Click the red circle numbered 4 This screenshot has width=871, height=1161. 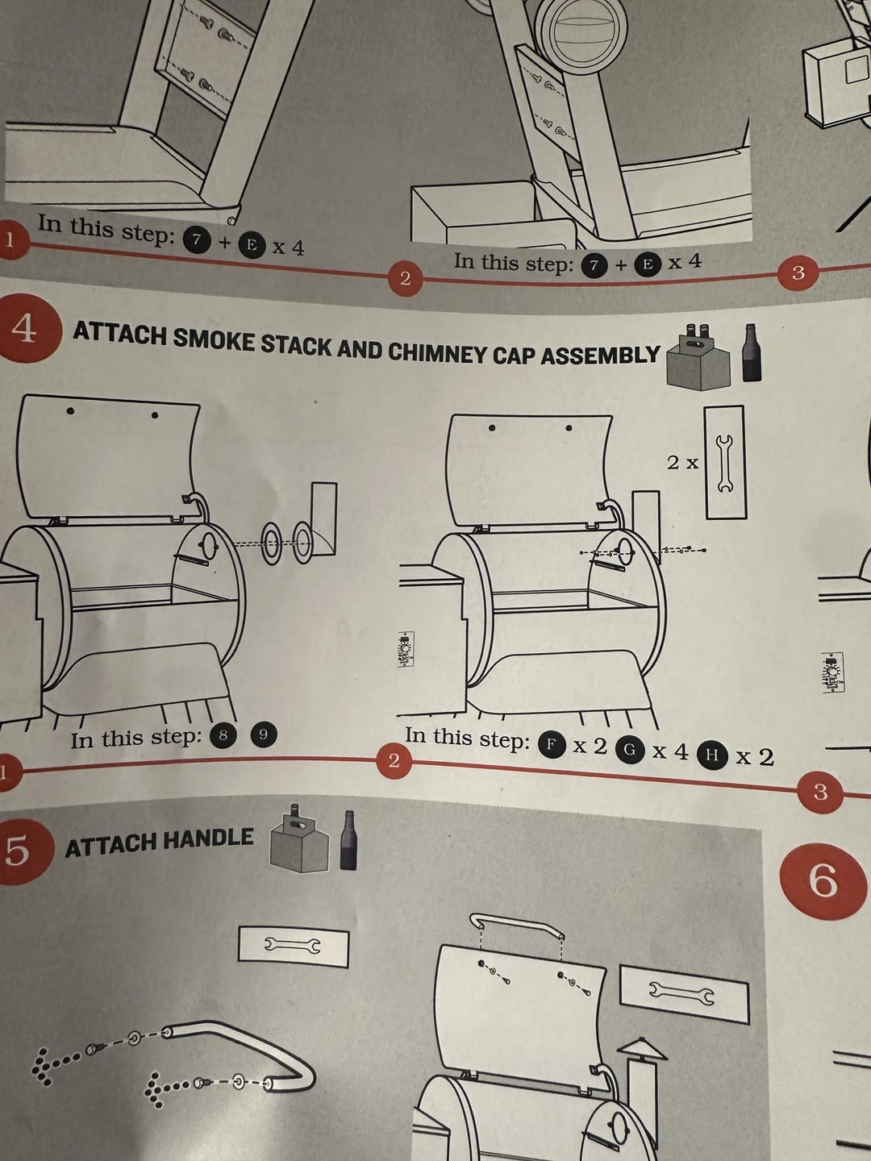tap(26, 328)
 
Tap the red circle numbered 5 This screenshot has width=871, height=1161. tap(18, 851)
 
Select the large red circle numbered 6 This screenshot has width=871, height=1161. tap(823, 880)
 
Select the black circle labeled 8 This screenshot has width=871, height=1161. tap(223, 734)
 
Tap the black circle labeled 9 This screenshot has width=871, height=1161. tap(262, 734)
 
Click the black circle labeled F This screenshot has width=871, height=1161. tap(551, 744)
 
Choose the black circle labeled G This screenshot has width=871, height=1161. tap(630, 750)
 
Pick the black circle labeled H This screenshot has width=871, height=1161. tap(711, 755)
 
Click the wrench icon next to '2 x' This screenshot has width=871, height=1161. tap(724, 463)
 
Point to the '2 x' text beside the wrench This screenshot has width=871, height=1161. tap(682, 462)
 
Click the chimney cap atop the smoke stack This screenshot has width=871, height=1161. tap(641, 1049)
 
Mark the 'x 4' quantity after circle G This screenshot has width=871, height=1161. tap(670, 751)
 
